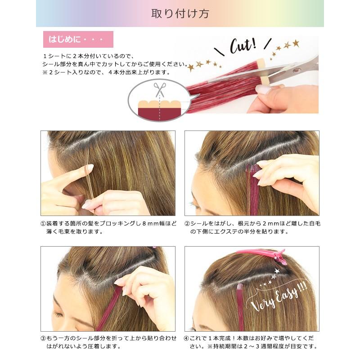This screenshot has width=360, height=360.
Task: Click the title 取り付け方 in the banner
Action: (x=180, y=13)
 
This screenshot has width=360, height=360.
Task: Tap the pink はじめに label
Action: (x=78, y=39)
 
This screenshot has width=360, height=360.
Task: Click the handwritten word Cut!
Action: (x=243, y=45)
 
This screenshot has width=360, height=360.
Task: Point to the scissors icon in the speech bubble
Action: (x=160, y=90)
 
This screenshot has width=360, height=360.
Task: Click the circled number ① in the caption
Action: (x=43, y=223)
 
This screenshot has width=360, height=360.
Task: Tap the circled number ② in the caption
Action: (x=187, y=223)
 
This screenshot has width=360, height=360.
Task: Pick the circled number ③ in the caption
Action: (x=43, y=338)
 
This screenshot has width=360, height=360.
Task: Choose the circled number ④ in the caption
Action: (x=186, y=338)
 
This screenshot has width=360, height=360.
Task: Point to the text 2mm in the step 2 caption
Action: (x=270, y=223)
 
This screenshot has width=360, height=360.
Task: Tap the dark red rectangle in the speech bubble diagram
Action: (x=160, y=114)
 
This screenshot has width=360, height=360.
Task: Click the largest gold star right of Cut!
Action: (x=296, y=43)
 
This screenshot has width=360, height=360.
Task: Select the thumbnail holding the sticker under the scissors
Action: (x=263, y=90)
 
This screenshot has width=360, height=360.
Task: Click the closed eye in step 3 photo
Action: (x=58, y=314)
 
